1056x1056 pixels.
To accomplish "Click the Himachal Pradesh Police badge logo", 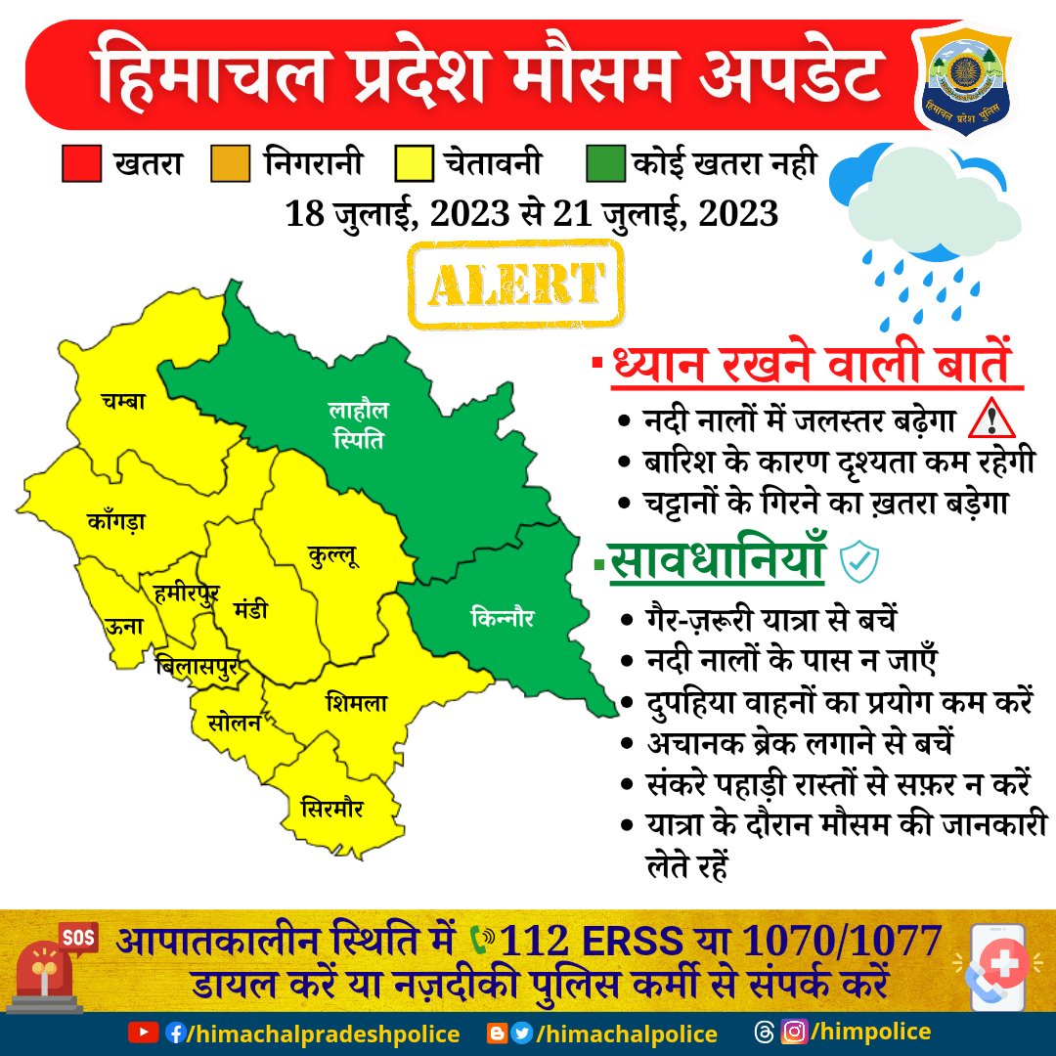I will [962, 81].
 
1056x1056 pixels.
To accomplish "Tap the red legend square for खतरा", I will [81, 163].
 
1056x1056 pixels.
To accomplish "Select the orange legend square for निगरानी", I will [231, 163].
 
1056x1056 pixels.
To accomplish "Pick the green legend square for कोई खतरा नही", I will [606, 163].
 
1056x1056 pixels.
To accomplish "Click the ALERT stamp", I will [516, 283].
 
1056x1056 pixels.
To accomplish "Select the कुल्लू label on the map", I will [333, 558].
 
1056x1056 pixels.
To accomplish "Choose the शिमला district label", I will [357, 703].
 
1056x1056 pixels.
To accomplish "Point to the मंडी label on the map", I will [250, 610].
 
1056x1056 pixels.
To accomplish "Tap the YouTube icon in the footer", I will [144, 1033].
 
